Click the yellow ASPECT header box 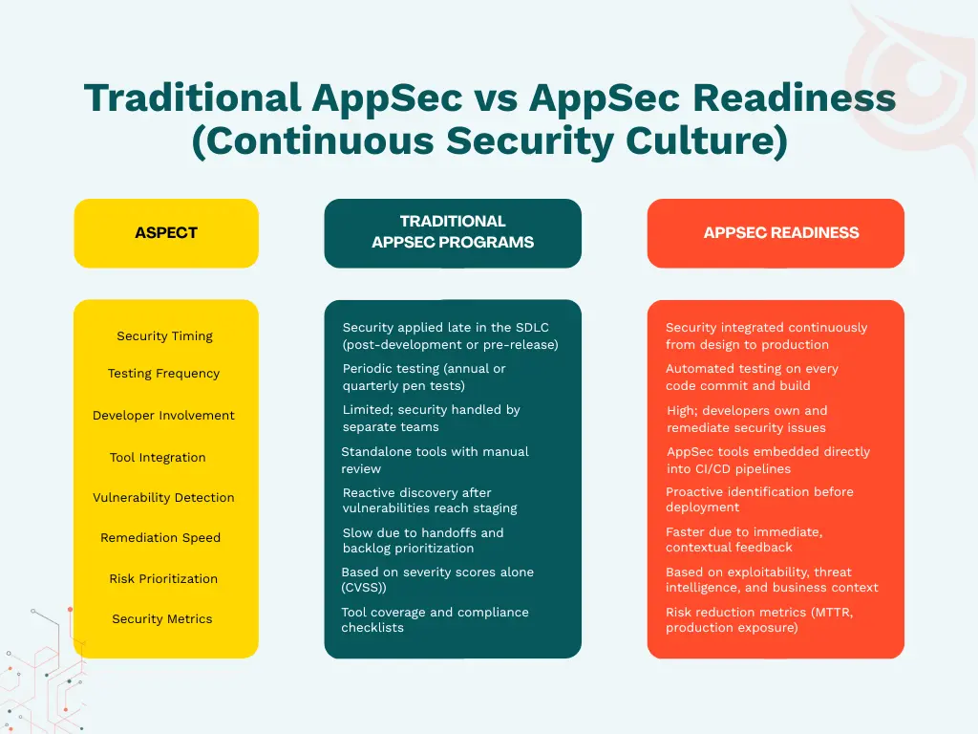[166, 233]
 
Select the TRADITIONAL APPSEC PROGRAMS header [453, 232]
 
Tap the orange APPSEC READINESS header [780, 233]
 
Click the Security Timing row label [165, 336]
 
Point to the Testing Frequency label [163, 374]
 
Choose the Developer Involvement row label [163, 416]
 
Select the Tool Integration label [158, 458]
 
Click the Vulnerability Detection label [163, 498]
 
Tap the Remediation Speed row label [160, 538]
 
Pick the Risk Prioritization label [163, 579]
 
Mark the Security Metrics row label [162, 619]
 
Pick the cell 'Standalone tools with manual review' [435, 460]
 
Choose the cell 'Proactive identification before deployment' [759, 500]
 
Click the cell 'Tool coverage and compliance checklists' [435, 620]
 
